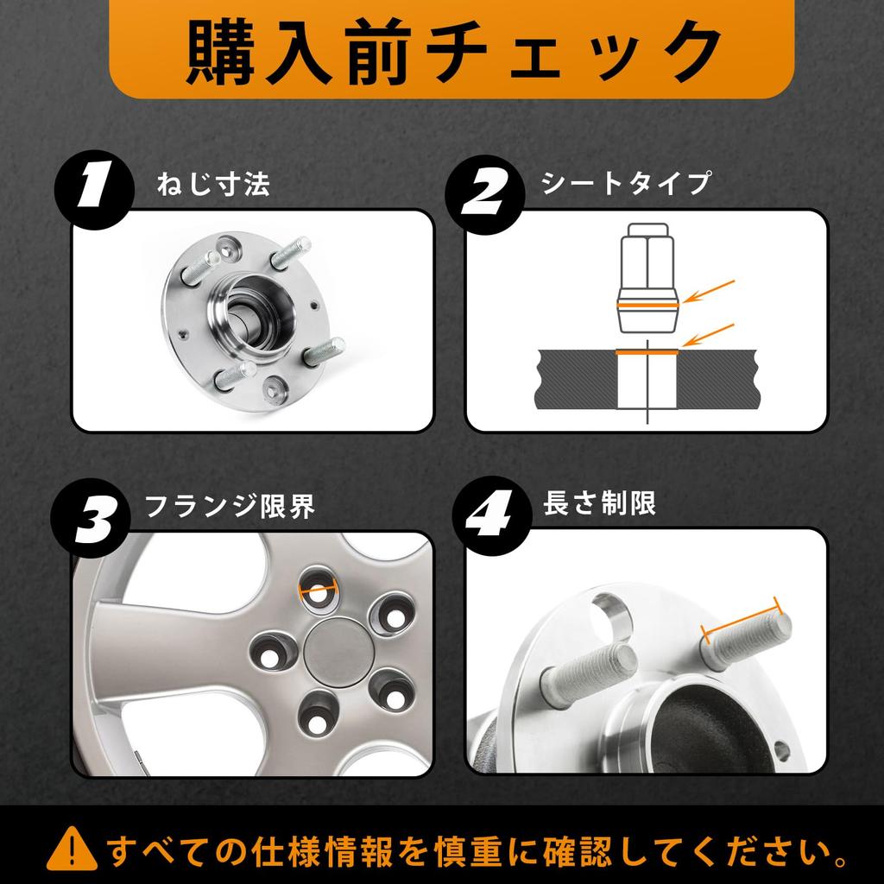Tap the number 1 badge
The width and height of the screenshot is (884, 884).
[94, 189]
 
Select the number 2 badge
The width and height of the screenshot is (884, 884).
[485, 194]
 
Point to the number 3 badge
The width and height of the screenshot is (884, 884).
[91, 518]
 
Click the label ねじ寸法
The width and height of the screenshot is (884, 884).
[214, 185]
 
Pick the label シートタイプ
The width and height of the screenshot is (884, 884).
[625, 183]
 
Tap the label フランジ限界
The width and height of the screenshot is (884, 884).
[230, 506]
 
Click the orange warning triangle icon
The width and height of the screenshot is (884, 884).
[72, 848]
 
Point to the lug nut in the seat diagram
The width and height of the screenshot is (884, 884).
[647, 278]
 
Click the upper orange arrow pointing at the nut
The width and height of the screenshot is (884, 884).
[708, 292]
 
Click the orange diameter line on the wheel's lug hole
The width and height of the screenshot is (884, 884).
[319, 590]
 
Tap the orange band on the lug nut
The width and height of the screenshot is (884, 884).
[647, 305]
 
